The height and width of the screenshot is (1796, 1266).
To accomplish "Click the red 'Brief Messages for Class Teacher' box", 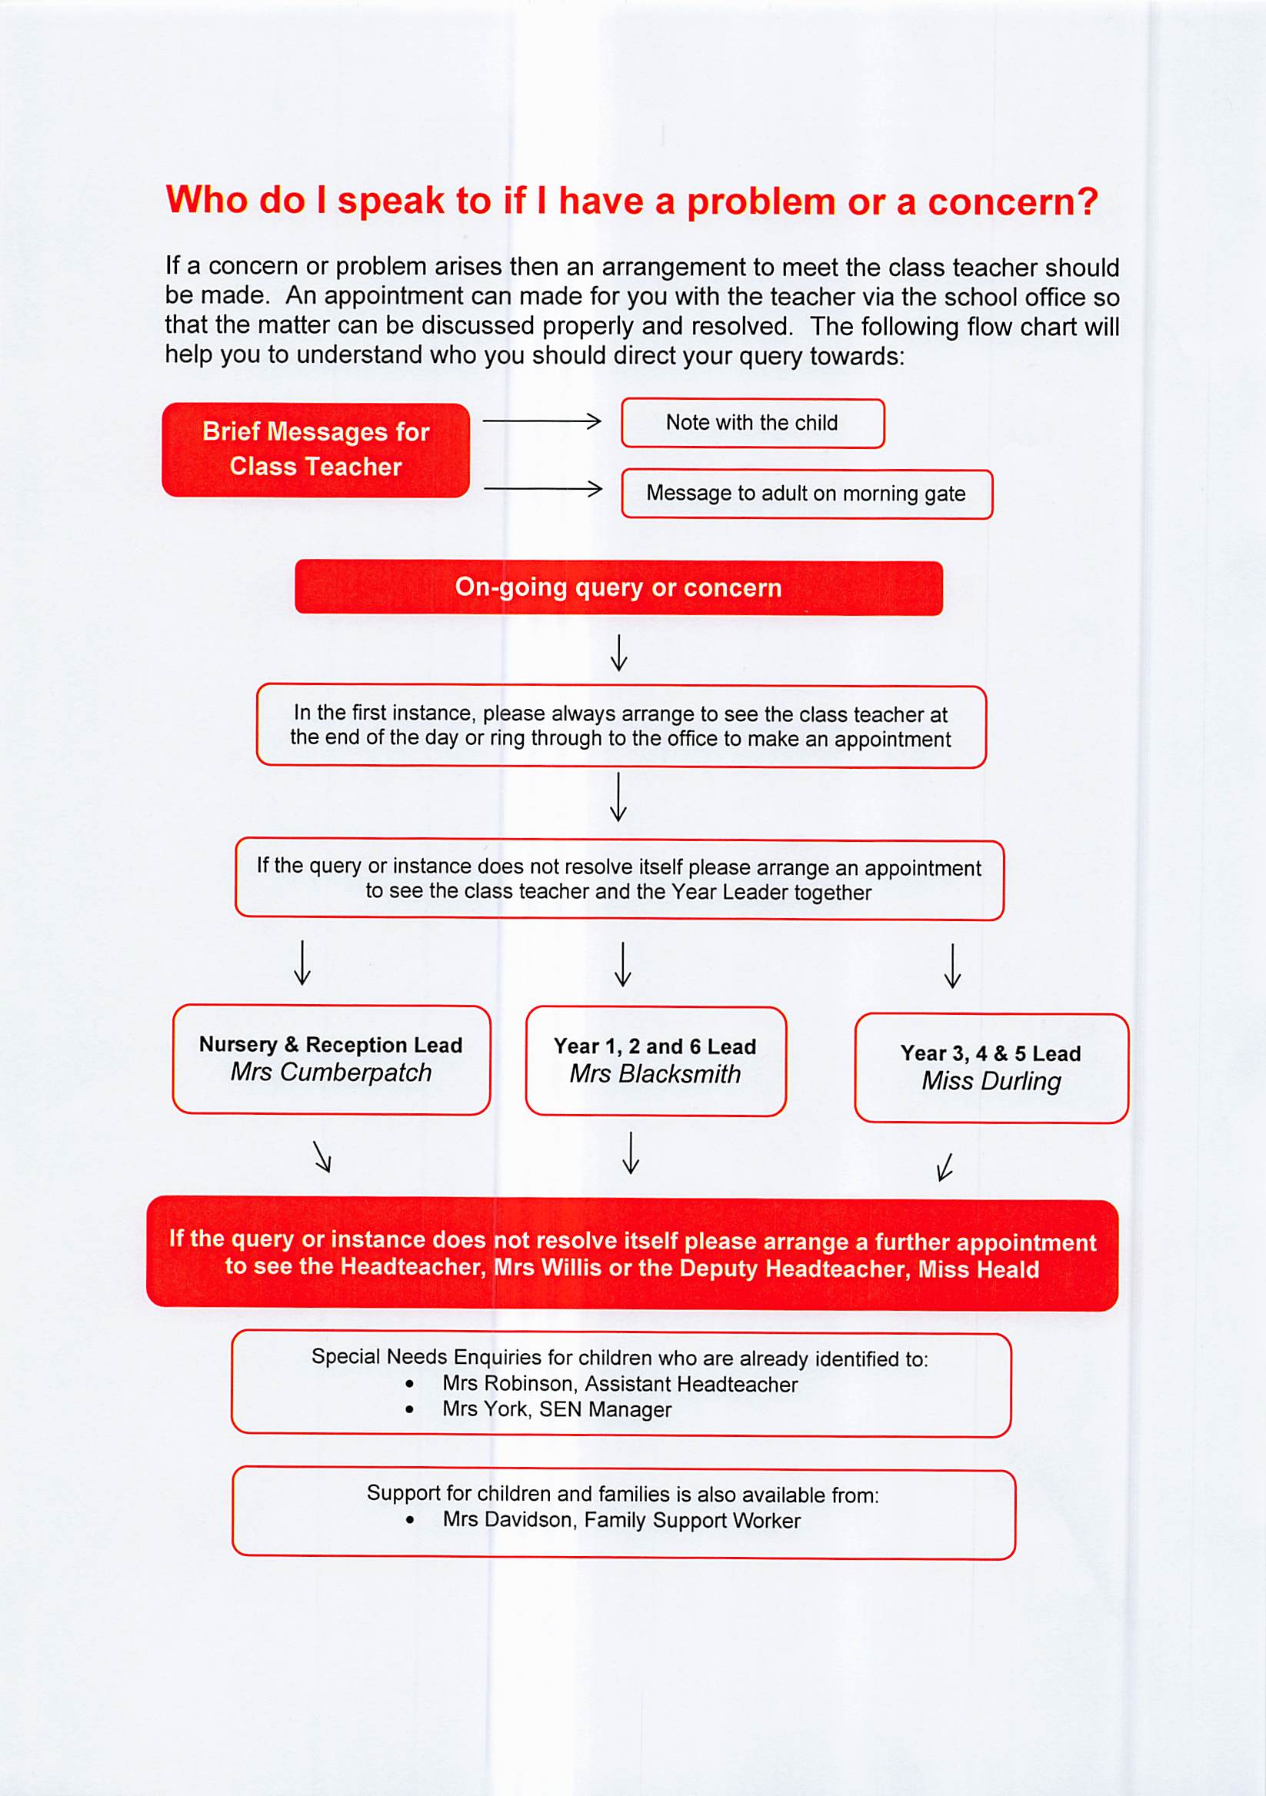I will click(315, 450).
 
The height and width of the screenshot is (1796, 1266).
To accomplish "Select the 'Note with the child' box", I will click(752, 423).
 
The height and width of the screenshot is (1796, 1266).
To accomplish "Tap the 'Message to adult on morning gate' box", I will click(806, 494).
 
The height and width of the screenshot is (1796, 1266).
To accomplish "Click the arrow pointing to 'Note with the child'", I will click(541, 421).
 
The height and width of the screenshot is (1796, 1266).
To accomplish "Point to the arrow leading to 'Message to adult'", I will click(542, 489).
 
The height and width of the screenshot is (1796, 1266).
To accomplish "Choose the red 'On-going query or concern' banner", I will click(618, 587).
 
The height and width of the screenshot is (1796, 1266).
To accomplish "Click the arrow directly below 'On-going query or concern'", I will click(618, 653).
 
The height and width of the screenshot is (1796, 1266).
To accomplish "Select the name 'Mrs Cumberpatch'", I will click(331, 1073).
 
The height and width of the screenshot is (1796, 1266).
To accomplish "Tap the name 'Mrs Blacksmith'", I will click(655, 1074).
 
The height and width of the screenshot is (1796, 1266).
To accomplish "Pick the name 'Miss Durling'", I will click(991, 1081).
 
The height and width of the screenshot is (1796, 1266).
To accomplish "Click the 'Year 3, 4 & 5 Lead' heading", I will click(991, 1053).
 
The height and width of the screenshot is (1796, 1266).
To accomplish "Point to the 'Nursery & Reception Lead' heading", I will click(331, 1045).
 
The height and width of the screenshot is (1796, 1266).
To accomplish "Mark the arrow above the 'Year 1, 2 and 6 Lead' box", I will click(623, 963).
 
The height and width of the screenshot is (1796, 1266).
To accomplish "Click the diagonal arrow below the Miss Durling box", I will click(945, 1166).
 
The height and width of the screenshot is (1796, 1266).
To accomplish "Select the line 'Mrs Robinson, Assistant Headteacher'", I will click(620, 1384).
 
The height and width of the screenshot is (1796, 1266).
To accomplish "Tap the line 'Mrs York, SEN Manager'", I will click(556, 1409).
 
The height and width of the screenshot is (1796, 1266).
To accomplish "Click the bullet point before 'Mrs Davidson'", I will click(410, 1521).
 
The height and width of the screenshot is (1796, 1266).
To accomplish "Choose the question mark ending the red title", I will click(1087, 201).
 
